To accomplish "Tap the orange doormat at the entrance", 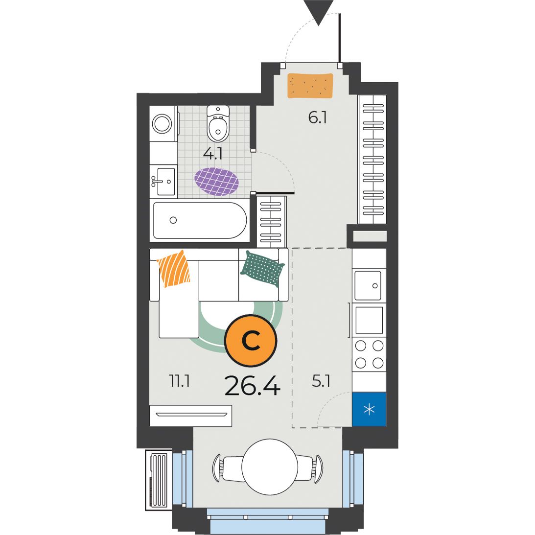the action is [310, 86].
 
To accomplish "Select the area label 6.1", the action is [317, 118].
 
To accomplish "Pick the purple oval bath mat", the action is [216, 181].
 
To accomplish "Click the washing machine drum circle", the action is [162, 123].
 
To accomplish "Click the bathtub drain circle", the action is [173, 220].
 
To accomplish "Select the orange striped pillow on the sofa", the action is [173, 269].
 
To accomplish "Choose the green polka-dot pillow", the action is [262, 269].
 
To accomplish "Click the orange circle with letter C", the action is [251, 340].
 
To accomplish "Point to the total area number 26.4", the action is [253, 386].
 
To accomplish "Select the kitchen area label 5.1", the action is [321, 381].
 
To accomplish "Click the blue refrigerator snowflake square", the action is [369, 409].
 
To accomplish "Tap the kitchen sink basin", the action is [368, 285].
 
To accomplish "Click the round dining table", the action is [270, 466].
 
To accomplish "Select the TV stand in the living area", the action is [191, 416].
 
